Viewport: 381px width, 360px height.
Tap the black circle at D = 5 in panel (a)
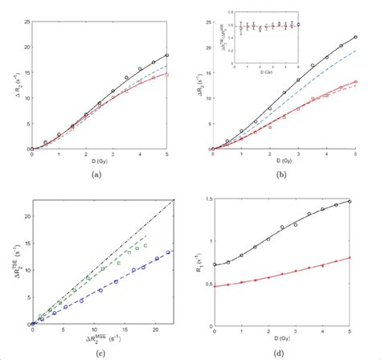(x=166, y=55)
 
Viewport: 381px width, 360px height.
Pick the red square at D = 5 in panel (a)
(x=166, y=74)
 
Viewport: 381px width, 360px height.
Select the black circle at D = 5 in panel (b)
(x=356, y=37)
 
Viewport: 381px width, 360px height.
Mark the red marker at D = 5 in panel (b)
(x=356, y=82)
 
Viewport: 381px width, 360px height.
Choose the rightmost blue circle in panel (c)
(x=166, y=252)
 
